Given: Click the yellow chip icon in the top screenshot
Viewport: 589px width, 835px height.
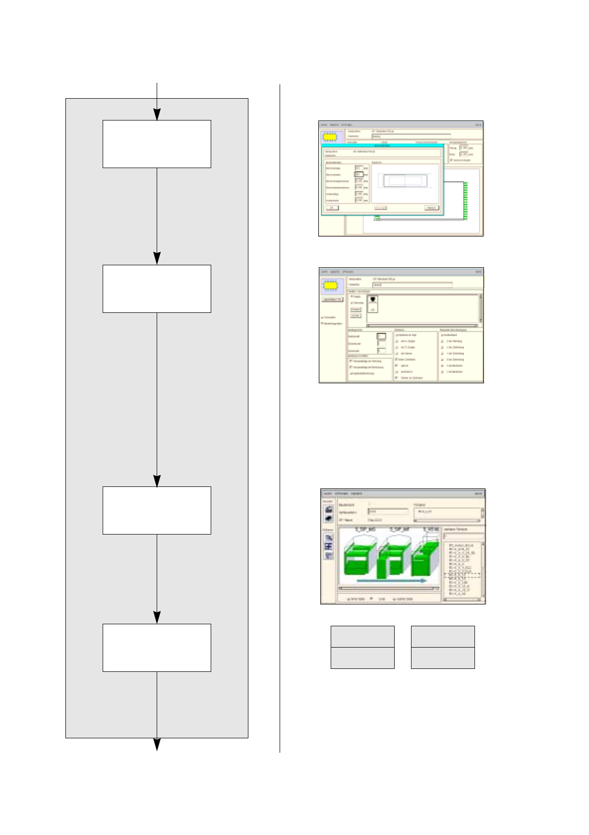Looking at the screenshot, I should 331,136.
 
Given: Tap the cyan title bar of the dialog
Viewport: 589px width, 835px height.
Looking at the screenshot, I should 383,145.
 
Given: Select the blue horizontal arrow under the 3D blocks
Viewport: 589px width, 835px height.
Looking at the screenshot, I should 391,580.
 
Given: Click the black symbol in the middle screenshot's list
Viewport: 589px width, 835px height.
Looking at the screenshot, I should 373,300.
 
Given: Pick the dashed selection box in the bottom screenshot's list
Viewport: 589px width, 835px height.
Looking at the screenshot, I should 464,576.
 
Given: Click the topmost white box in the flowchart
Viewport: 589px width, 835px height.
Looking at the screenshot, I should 157,144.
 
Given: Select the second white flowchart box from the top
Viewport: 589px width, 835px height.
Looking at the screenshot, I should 157,289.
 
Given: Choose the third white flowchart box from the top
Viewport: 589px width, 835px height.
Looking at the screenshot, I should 157,510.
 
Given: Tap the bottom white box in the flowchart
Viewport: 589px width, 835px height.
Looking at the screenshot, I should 157,648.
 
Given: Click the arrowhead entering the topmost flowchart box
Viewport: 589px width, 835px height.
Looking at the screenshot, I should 157,115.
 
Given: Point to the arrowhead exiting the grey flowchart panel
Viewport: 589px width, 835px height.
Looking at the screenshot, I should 157,744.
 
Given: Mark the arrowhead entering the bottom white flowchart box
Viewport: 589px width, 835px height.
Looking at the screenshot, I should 157,618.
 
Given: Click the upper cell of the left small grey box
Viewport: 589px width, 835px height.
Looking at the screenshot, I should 362,636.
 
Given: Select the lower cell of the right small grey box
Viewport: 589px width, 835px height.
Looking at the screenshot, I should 443,658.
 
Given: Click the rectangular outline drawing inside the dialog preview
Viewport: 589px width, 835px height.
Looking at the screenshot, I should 405,181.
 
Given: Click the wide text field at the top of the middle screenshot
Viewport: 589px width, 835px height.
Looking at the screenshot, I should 412,285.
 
